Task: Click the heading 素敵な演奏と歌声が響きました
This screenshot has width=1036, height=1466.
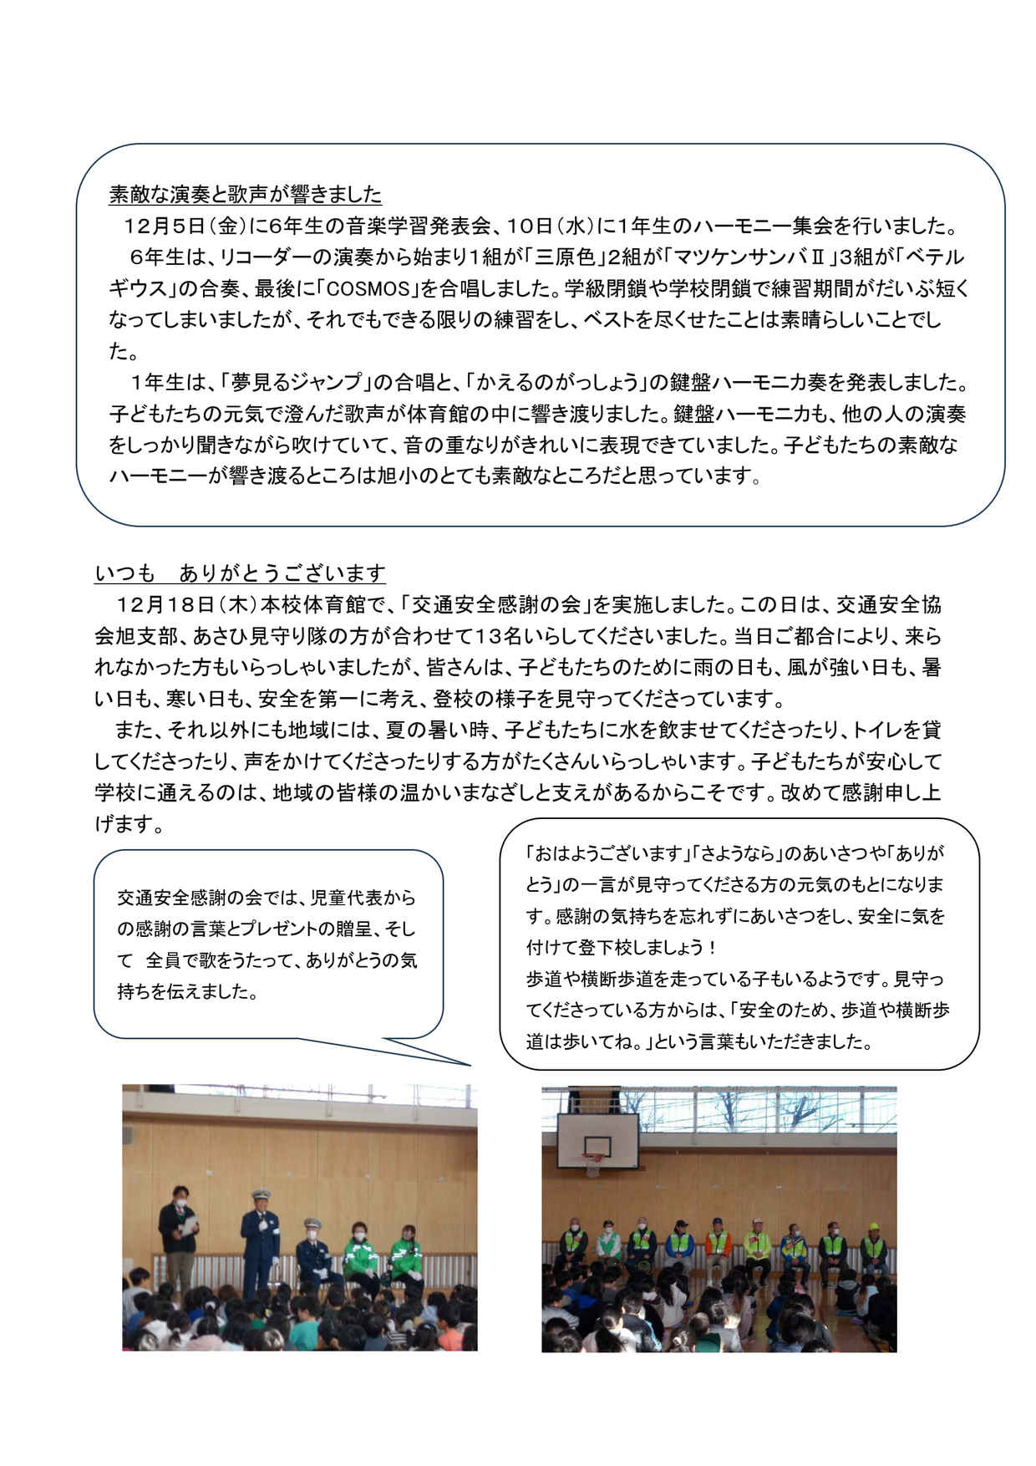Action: pyautogui.click(x=245, y=195)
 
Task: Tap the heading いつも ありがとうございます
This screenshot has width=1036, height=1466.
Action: pyautogui.click(x=240, y=573)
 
